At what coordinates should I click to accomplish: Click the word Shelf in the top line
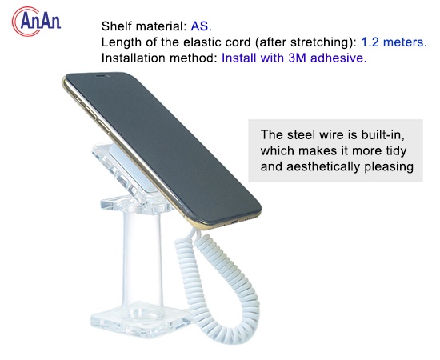point(118,25)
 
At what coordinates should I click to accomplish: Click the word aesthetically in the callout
point(328,167)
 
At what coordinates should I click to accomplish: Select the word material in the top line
point(159,25)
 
